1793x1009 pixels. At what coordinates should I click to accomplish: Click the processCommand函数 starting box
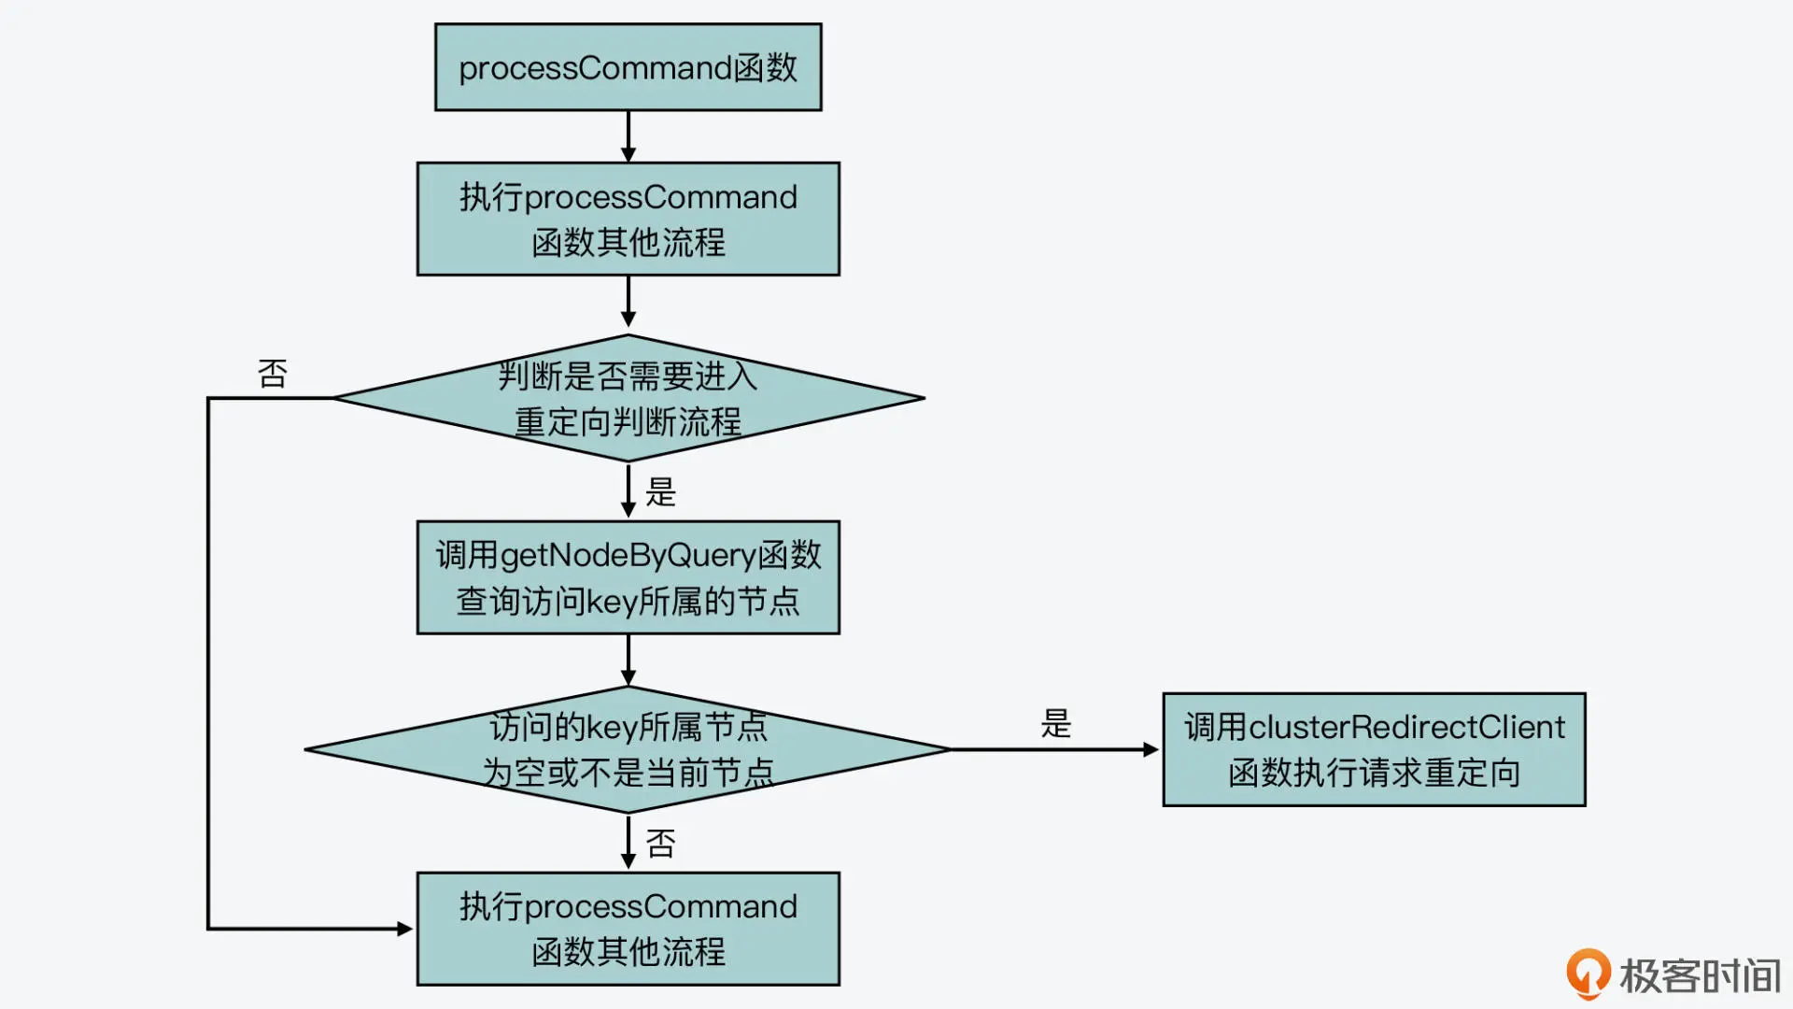click(628, 67)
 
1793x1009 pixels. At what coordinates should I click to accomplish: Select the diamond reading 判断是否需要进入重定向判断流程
click(628, 398)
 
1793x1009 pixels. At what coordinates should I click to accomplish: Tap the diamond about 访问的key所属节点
click(628, 749)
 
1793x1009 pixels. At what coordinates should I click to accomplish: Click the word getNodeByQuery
click(628, 556)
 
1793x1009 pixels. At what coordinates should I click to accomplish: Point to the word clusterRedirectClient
click(1406, 727)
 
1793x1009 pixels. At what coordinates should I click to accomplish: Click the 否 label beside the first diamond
click(273, 374)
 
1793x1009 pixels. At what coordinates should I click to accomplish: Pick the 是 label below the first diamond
click(660, 492)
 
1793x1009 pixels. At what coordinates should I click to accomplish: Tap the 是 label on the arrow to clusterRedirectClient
click(1056, 724)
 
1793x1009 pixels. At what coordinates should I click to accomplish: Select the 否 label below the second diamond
click(660, 844)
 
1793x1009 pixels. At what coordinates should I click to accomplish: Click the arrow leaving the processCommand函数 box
click(628, 136)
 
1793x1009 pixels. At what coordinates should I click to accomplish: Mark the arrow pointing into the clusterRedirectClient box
click(1055, 749)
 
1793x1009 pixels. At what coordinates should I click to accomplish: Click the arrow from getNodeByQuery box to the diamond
click(628, 661)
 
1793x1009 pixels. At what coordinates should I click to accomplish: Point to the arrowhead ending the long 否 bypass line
click(404, 929)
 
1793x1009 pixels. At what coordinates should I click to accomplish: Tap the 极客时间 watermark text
click(1700, 976)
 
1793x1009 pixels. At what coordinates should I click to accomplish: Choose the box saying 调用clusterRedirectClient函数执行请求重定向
click(1374, 749)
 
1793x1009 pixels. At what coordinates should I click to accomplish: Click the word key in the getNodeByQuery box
click(612, 602)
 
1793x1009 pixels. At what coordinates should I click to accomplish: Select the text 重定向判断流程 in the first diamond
click(628, 422)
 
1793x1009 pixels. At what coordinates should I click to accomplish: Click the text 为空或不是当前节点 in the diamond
click(628, 774)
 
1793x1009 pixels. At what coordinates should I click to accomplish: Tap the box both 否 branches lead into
click(628, 929)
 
